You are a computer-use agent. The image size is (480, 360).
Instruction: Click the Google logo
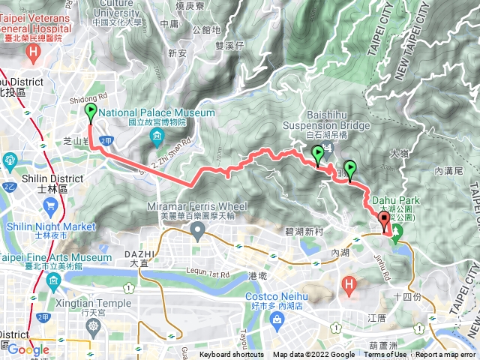click(x=28, y=349)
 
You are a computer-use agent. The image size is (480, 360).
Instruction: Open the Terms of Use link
click(x=389, y=355)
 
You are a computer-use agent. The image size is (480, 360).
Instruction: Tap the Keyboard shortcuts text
click(x=231, y=355)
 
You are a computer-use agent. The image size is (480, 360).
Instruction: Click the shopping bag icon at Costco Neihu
click(x=278, y=319)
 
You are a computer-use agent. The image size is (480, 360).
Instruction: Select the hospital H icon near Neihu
click(x=349, y=284)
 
